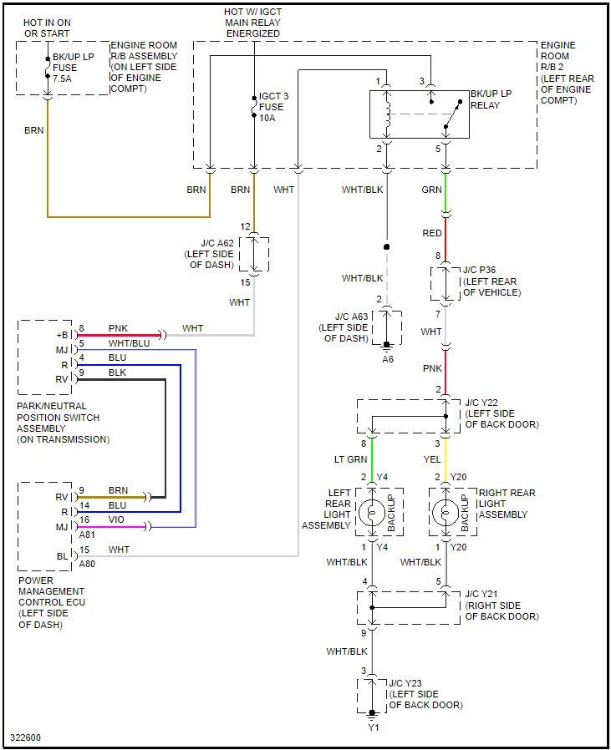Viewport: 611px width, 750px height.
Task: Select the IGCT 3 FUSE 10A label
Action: coord(272,107)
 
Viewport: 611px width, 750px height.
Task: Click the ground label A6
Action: coord(387,358)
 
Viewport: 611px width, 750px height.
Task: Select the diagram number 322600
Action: coord(25,737)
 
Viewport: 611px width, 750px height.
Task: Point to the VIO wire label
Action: coord(117,519)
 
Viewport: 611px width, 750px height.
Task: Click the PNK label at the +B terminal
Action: coord(118,328)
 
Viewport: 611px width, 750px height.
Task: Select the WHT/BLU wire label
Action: coord(129,343)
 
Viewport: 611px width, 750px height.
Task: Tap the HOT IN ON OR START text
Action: coord(47,28)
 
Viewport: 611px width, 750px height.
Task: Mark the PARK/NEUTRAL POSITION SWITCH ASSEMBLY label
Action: coord(63,423)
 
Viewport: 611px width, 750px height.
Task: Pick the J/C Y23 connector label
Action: coord(425,694)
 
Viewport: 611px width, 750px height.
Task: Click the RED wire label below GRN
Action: coord(432,233)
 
